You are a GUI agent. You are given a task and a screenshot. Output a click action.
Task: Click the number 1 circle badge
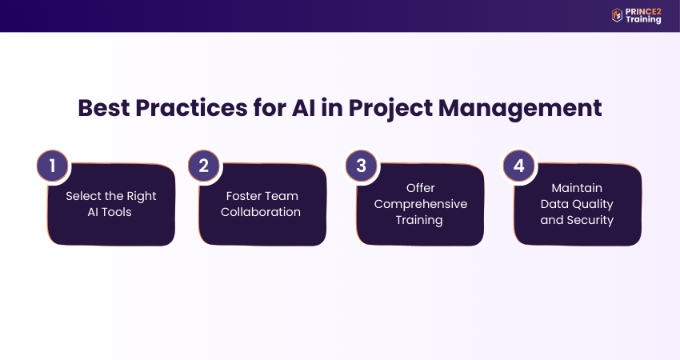[53, 166]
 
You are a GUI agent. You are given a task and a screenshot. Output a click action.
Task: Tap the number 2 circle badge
[204, 166]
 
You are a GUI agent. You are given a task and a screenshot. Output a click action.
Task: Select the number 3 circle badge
[362, 166]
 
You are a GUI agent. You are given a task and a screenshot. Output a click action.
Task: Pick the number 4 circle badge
[518, 166]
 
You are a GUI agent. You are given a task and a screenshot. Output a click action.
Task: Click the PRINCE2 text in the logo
[643, 12]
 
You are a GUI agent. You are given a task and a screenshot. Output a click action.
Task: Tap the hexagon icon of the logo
[617, 15]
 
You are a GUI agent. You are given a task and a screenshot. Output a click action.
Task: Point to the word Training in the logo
[643, 20]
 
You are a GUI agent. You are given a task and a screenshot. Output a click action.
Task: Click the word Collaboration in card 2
[261, 212]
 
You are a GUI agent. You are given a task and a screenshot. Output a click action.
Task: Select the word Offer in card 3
[421, 188]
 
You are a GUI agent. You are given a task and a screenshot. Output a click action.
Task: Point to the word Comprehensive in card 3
[421, 204]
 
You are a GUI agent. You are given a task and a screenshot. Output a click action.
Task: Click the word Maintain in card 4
[577, 188]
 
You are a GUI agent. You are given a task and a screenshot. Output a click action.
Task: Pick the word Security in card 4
[592, 220]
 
